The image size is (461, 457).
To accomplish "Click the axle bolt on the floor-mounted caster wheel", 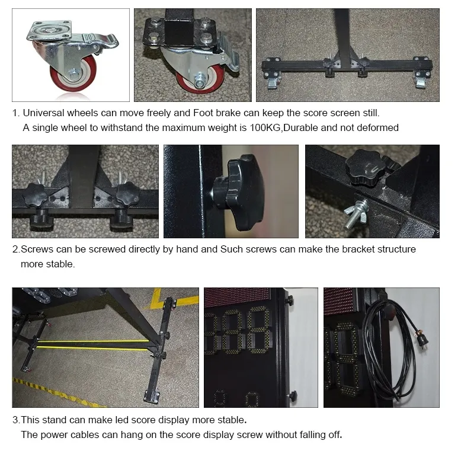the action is (199, 80).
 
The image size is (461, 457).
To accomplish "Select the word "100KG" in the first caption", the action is (265, 127).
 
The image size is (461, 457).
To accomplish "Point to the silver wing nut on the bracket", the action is (356, 214).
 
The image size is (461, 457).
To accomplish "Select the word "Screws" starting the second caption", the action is (37, 250).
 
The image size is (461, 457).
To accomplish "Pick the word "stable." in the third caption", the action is (232, 420).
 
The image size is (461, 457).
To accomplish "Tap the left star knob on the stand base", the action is (36, 194).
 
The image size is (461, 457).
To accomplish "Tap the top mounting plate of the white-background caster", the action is (49, 30).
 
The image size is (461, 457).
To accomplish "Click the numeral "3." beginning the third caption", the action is (17, 420).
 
